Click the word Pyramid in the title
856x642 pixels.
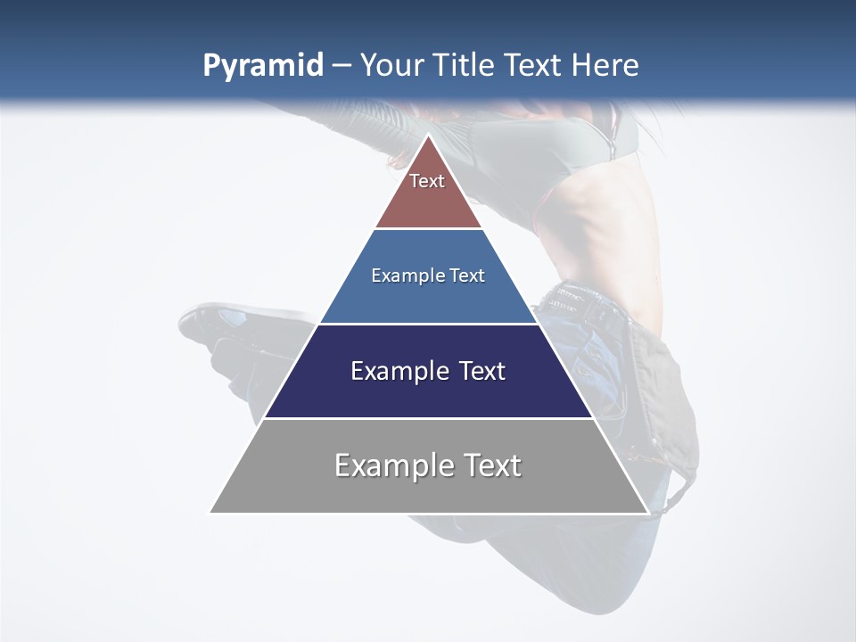click(x=262, y=66)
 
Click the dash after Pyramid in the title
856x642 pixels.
click(x=342, y=66)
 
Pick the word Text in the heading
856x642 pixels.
click(x=534, y=66)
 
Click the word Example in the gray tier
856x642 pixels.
click(x=393, y=466)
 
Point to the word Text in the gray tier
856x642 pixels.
click(x=491, y=465)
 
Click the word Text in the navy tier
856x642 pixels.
click(x=482, y=371)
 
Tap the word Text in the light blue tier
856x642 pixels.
click(x=468, y=276)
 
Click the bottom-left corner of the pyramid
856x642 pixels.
click(x=210, y=512)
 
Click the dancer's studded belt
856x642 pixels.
click(x=588, y=303)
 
